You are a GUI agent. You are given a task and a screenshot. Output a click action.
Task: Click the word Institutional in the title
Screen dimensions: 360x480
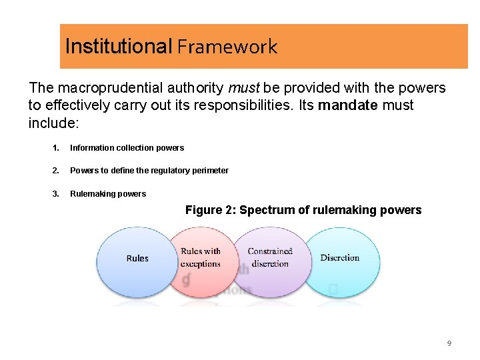point(118,46)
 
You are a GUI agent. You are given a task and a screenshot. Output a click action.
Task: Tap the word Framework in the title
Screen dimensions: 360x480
point(227,47)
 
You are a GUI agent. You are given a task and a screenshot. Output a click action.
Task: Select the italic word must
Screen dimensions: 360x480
point(246,88)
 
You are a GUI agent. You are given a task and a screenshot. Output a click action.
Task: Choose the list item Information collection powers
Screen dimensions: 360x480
point(127,148)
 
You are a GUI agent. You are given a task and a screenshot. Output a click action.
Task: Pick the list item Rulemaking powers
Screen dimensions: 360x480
point(108,194)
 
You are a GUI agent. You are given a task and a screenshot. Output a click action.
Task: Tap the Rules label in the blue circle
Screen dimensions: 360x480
point(137,259)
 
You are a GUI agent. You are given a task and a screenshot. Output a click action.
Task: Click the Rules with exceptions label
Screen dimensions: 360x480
point(201,257)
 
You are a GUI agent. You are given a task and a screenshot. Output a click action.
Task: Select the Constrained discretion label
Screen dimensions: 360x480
point(270,257)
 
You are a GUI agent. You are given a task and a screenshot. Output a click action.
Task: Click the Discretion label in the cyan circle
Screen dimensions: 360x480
point(340,258)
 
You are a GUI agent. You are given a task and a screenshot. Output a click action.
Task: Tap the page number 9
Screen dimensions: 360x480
point(449,343)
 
